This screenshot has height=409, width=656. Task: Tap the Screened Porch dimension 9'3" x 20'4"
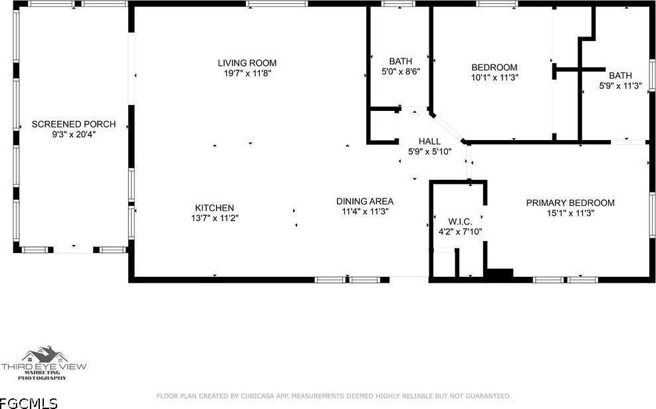pyautogui.click(x=74, y=134)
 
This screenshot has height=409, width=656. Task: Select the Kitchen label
pyautogui.click(x=214, y=208)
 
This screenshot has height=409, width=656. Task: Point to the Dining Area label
pyautogui.click(x=364, y=201)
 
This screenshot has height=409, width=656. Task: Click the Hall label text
pyautogui.click(x=429, y=141)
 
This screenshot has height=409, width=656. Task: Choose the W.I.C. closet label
pyautogui.click(x=460, y=222)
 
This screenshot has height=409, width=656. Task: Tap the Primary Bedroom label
pyautogui.click(x=570, y=203)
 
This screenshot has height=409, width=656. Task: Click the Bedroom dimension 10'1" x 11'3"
pyautogui.click(x=494, y=77)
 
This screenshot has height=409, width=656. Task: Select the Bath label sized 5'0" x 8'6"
pyautogui.click(x=401, y=61)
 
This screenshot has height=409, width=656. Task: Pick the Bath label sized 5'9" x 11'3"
pyautogui.click(x=620, y=75)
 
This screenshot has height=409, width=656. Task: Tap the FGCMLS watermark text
pyautogui.click(x=29, y=402)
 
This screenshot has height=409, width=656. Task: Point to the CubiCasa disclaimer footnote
pyautogui.click(x=334, y=396)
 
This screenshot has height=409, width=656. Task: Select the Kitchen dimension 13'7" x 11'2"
pyautogui.click(x=214, y=218)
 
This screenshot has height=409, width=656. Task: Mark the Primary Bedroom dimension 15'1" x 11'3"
pyautogui.click(x=570, y=213)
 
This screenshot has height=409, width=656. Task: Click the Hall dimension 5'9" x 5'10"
pyautogui.click(x=429, y=151)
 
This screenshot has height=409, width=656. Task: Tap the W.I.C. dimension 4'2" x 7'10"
pyautogui.click(x=460, y=232)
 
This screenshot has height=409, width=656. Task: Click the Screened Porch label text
pyautogui.click(x=74, y=124)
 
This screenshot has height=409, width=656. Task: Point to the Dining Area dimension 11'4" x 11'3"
pyautogui.click(x=364, y=211)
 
